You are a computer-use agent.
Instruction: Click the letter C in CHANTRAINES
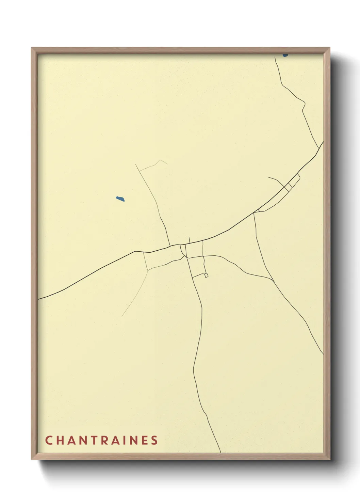[x=49, y=440]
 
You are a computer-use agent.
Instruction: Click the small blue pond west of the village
[x=120, y=199]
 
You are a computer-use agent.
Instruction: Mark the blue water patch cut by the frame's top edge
[x=285, y=55]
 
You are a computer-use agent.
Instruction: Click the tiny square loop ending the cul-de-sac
[x=206, y=275]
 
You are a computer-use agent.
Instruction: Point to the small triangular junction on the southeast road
[x=272, y=280]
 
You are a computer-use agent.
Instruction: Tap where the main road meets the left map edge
[x=38, y=299]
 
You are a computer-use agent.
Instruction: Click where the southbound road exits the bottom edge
[x=220, y=452]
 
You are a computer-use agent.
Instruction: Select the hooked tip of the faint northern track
[x=167, y=164]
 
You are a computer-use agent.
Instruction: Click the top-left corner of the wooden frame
[x=32, y=48]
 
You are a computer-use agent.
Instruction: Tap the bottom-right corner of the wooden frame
[x=330, y=459]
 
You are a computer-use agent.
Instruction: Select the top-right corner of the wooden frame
[x=330, y=48]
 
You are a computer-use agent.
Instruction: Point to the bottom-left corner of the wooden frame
[x=32, y=459]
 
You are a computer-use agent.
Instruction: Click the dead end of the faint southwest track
[x=122, y=316]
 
